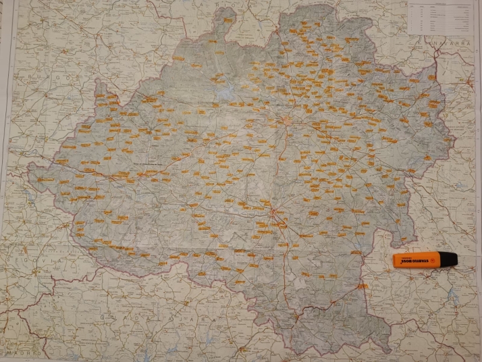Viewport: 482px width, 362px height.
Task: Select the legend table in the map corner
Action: coord(440,18)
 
